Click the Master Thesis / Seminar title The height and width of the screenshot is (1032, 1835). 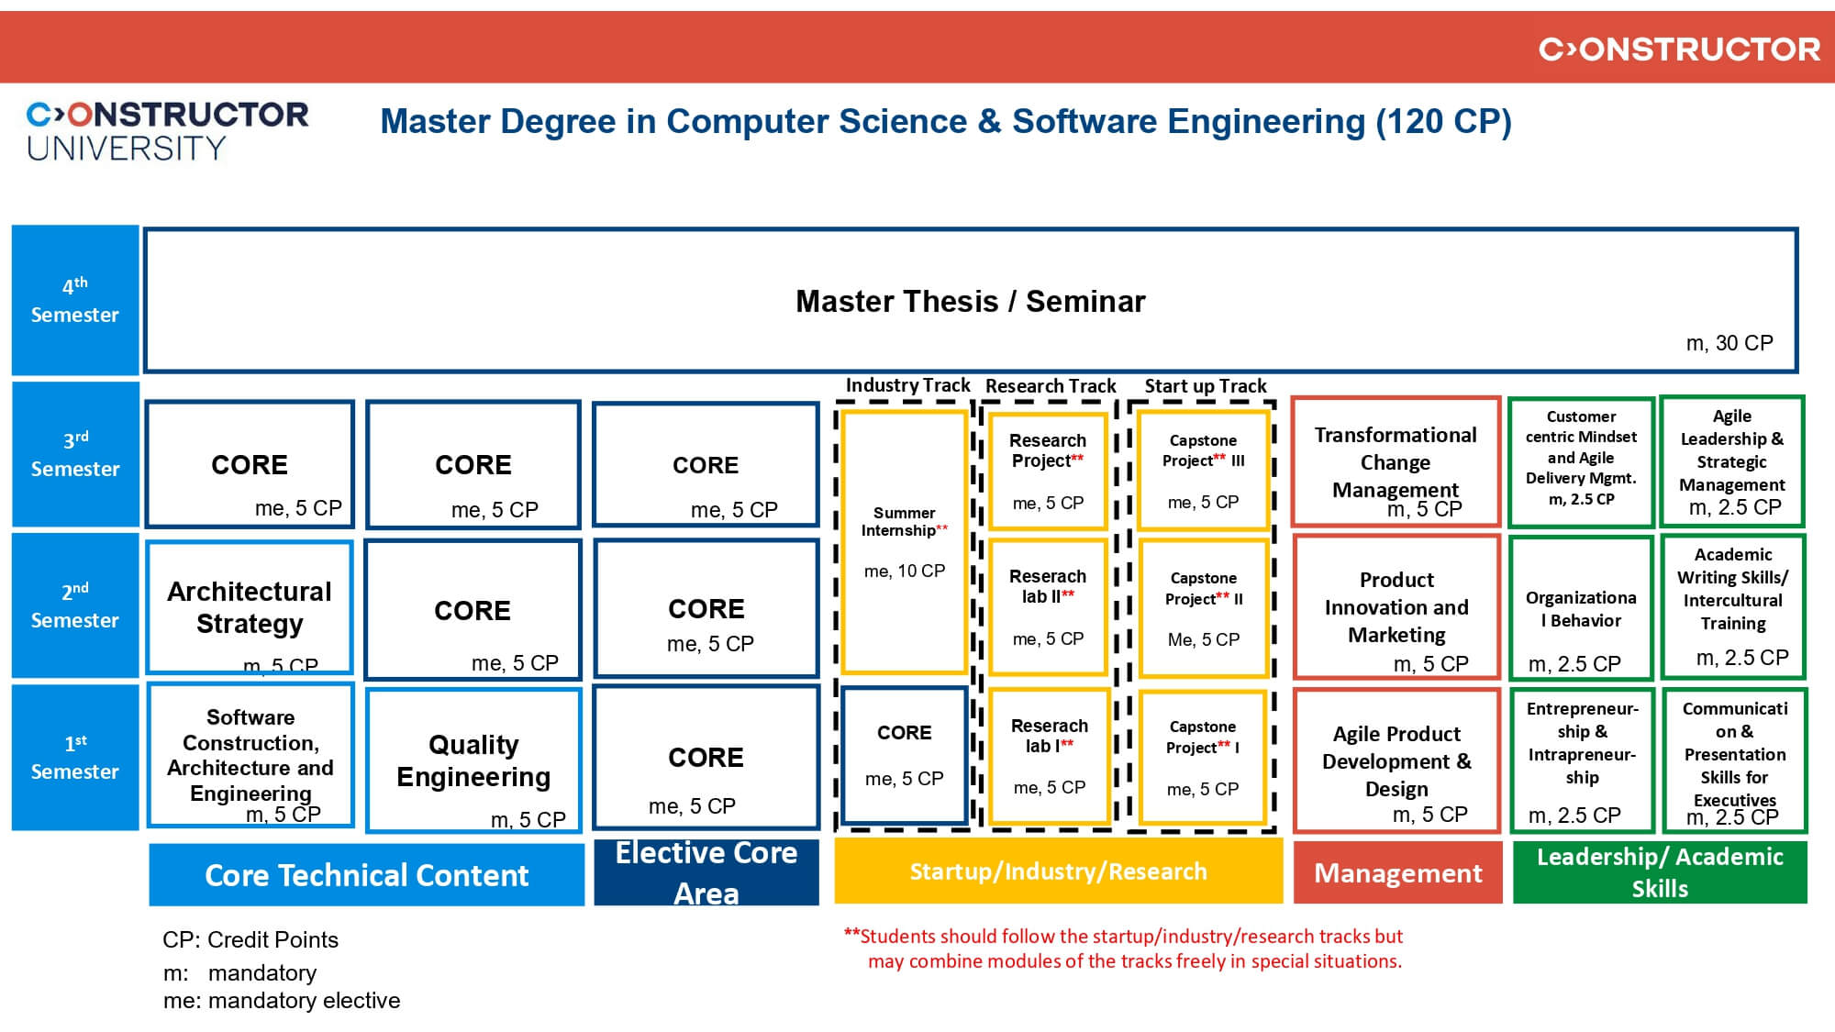(x=970, y=302)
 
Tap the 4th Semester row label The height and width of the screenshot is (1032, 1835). (x=75, y=300)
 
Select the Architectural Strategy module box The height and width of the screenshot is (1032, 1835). (x=250, y=607)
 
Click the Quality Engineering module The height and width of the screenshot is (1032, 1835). (x=473, y=760)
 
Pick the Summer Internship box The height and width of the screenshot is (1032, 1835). (x=905, y=541)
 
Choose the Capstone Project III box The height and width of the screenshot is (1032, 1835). (x=1203, y=470)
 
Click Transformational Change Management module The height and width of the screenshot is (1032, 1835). (x=1396, y=462)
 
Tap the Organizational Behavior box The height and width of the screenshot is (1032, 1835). (x=1581, y=608)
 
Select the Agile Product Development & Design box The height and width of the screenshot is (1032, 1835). (x=1396, y=761)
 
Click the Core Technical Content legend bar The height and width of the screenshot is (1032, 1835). (x=366, y=875)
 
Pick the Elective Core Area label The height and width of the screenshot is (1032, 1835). (x=706, y=872)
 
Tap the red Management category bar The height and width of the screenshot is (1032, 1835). (x=1397, y=873)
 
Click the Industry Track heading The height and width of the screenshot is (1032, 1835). (x=907, y=385)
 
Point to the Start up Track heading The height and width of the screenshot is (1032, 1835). (x=1205, y=386)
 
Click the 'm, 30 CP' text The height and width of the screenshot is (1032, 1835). (x=1729, y=343)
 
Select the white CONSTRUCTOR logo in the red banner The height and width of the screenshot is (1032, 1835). (x=1679, y=50)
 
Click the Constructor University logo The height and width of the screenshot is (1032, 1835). (x=167, y=131)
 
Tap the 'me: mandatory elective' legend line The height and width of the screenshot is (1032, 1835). (x=282, y=1001)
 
